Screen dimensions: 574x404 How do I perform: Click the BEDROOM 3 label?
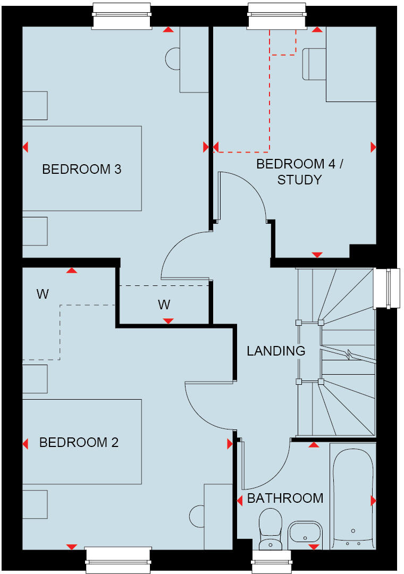81,170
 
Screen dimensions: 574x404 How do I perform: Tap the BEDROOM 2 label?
79,443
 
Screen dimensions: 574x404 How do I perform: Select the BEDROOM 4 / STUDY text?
300,172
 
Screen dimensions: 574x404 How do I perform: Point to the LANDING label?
276,351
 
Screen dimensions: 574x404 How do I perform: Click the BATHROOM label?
285,499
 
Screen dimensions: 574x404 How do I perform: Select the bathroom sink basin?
305,533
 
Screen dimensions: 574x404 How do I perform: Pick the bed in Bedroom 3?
82,168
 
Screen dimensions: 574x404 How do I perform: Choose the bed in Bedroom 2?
82,442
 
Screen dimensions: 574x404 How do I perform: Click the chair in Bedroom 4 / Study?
314,64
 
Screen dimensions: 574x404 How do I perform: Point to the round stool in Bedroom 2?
197,514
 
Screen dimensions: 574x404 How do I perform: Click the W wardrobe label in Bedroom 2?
43,294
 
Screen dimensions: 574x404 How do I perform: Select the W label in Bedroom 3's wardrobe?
164,305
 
